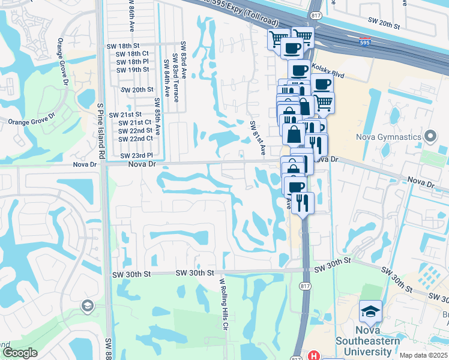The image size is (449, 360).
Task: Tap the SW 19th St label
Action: coord(133,70)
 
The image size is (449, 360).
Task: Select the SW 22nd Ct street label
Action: coord(135,139)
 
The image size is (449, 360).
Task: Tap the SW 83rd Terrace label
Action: coord(176,77)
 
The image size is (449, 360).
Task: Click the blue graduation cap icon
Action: coord(370,313)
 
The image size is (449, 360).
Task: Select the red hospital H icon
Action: coord(313,356)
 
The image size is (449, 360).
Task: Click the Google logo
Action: coord(20,353)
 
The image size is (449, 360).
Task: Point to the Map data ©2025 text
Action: coord(424,355)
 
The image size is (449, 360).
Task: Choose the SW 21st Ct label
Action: coord(135,122)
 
